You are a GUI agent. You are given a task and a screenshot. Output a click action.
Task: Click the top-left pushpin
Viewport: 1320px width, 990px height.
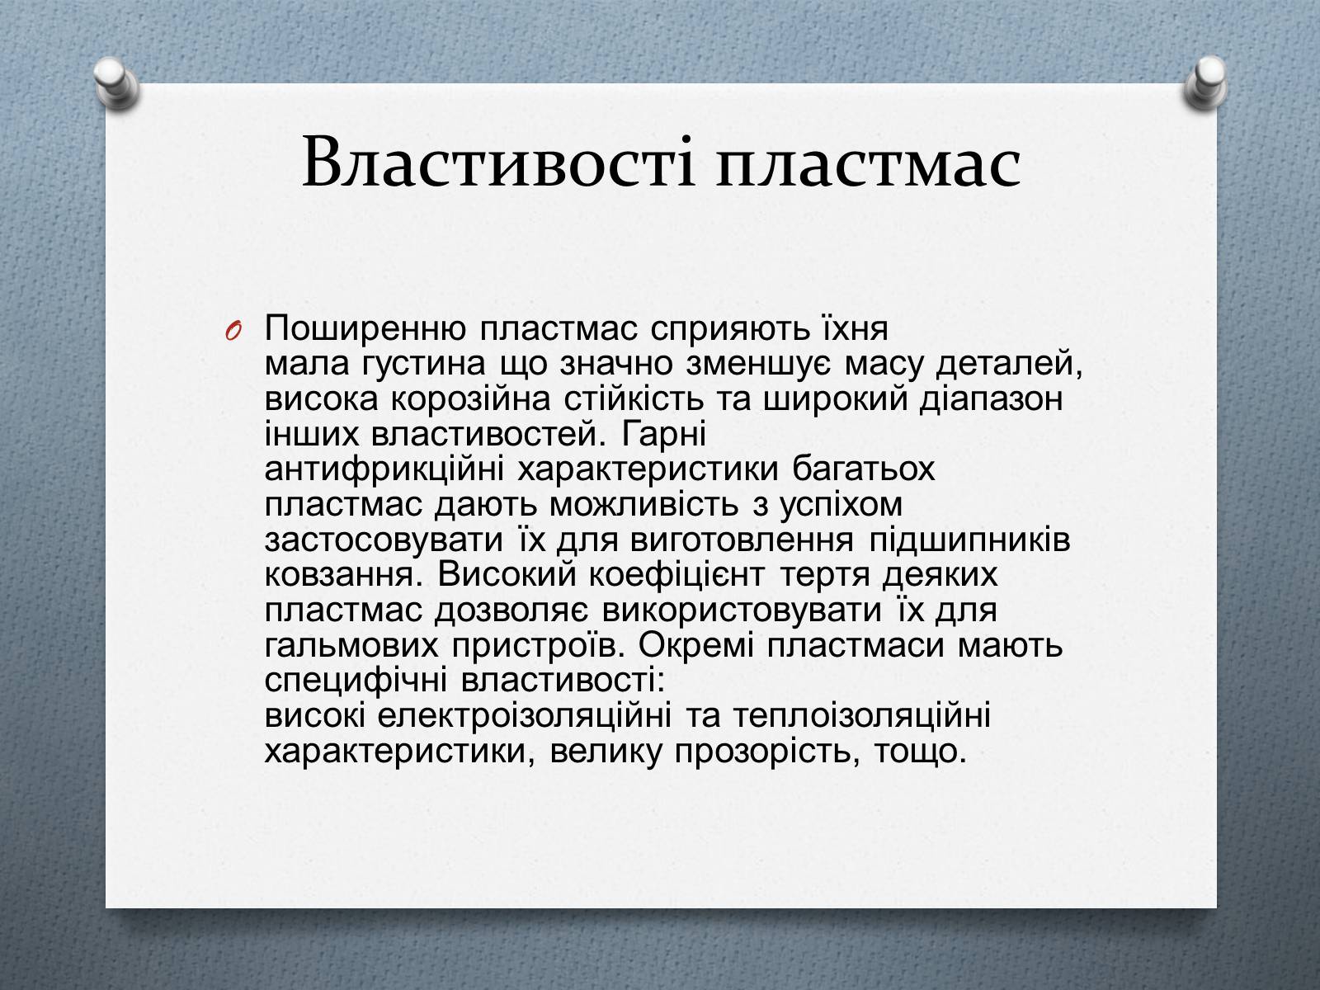point(116,83)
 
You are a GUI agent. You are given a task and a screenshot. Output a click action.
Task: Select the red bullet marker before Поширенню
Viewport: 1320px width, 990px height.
point(234,331)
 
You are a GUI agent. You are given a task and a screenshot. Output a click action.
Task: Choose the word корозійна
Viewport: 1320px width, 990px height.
point(470,400)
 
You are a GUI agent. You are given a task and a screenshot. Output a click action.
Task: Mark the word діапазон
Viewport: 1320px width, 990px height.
point(991,400)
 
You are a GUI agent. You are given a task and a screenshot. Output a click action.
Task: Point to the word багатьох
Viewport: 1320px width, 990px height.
point(864,469)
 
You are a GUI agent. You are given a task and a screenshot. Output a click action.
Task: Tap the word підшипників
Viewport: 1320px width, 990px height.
point(970,540)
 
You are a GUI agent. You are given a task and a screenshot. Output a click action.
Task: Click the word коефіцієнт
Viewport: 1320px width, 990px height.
point(676,576)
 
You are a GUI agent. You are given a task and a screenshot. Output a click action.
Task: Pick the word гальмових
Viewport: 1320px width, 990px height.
point(351,647)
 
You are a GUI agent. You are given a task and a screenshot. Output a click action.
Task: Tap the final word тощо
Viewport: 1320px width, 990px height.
point(920,752)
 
